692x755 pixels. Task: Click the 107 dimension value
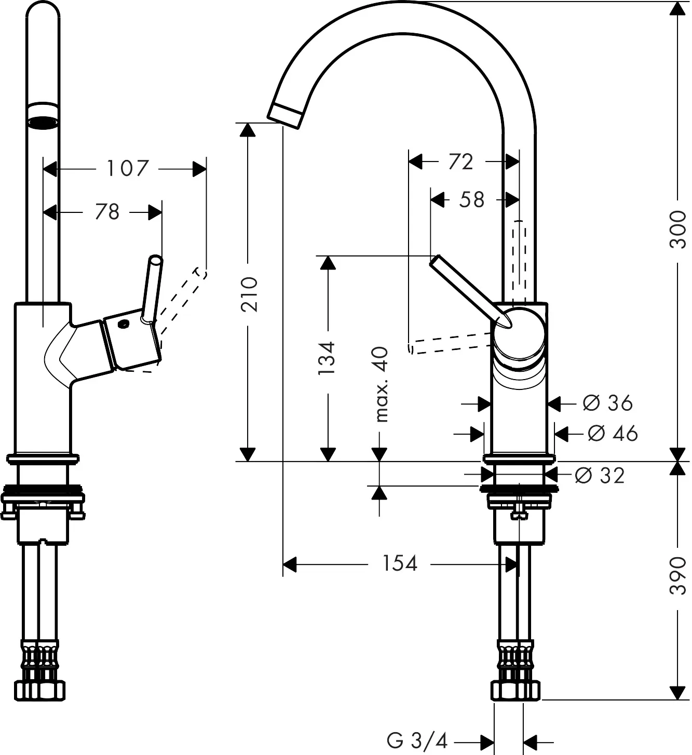click(x=128, y=169)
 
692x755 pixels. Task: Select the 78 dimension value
click(x=107, y=212)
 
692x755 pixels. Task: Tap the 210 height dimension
click(x=250, y=294)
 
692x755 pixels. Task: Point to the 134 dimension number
click(x=327, y=358)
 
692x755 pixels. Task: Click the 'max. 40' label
click(x=381, y=384)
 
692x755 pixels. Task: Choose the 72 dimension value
click(x=460, y=162)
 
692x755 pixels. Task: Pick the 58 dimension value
click(x=471, y=199)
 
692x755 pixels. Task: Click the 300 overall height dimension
click(x=677, y=229)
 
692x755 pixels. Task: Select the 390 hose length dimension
click(x=677, y=576)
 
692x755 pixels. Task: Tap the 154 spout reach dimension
click(x=400, y=563)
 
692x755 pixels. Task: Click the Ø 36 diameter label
click(x=607, y=403)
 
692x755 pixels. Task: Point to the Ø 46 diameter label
click(x=613, y=433)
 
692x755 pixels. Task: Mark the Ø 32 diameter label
click(x=600, y=475)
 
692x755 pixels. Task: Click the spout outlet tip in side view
click(x=285, y=115)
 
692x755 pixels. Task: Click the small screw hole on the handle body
click(x=123, y=325)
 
